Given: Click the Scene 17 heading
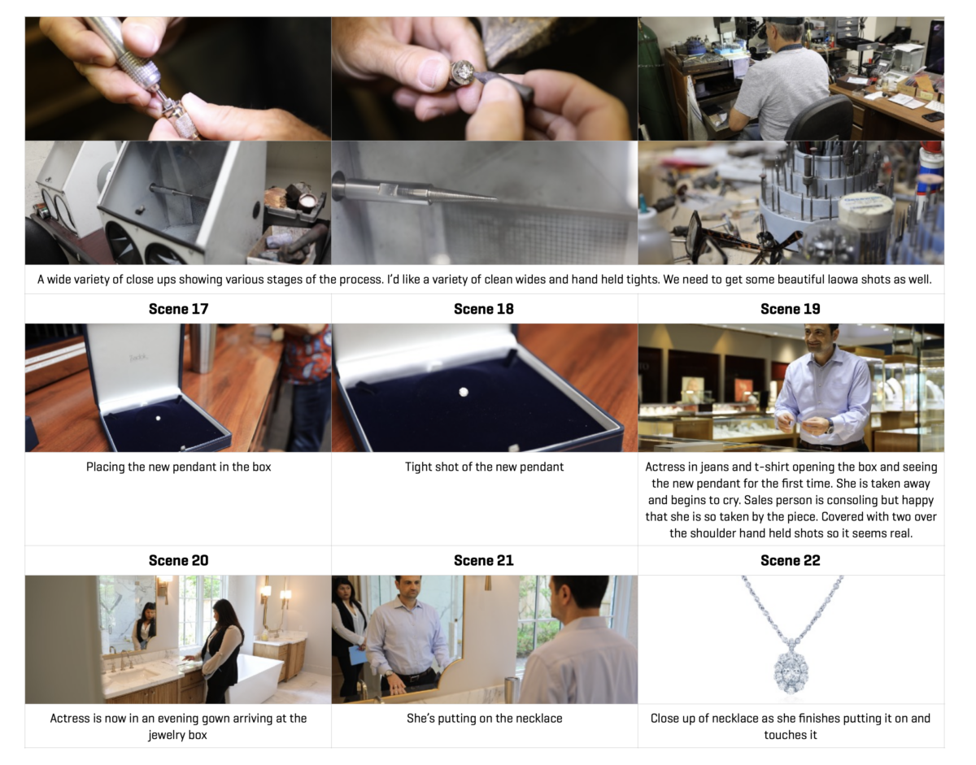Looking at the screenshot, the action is click(178, 309).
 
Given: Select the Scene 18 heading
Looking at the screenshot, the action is click(484, 309).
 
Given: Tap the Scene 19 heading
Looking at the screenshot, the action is click(791, 309).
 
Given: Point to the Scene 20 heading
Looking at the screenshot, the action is click(178, 560).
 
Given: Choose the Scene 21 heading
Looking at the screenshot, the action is click(484, 560).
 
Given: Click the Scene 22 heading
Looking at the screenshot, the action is click(791, 560).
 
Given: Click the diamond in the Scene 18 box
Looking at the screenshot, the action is click(464, 392).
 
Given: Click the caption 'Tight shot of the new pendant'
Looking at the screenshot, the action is click(484, 467).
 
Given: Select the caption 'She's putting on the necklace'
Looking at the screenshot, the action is click(484, 719).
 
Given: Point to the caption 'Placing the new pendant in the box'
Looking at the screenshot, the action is click(178, 467).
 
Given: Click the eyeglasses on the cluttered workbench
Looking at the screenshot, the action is click(737, 236).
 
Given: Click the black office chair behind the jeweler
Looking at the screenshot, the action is click(820, 118).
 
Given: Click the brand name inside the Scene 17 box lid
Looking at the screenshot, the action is click(139, 358).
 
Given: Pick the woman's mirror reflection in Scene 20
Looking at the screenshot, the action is click(144, 624).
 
